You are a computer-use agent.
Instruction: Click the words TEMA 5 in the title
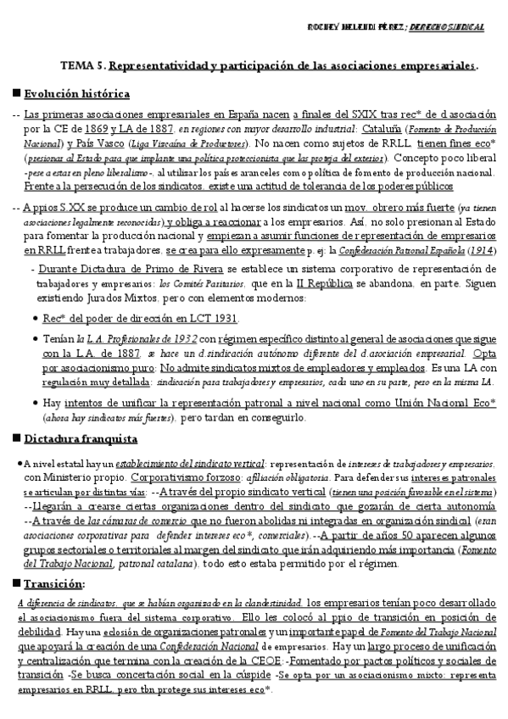(x=84, y=64)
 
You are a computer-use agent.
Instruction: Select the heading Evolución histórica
(x=77, y=93)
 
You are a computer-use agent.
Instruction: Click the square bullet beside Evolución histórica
(x=16, y=93)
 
